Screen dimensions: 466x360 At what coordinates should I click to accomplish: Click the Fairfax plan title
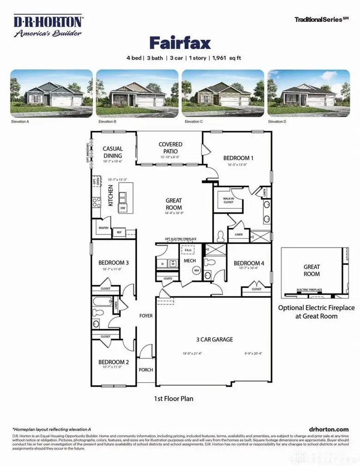click(x=180, y=43)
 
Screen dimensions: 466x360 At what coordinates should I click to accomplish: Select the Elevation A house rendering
click(x=51, y=94)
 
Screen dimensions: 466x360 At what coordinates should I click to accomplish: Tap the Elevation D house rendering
click(x=309, y=94)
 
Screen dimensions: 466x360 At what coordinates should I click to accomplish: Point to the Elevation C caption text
click(x=194, y=122)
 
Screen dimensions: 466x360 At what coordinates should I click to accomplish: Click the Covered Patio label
click(x=171, y=148)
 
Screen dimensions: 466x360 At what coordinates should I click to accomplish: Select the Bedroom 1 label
click(x=238, y=157)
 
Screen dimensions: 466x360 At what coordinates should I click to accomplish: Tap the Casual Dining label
click(x=113, y=152)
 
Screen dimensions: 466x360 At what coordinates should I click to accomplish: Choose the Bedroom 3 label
click(x=113, y=263)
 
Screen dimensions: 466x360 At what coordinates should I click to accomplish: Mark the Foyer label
click(x=146, y=316)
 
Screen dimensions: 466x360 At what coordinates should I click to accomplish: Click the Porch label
click(x=146, y=369)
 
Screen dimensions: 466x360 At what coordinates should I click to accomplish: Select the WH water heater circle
click(x=195, y=270)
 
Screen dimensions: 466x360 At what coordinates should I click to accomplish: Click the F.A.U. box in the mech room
click(x=188, y=250)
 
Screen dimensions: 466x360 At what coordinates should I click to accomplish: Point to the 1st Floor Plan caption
click(x=173, y=398)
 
